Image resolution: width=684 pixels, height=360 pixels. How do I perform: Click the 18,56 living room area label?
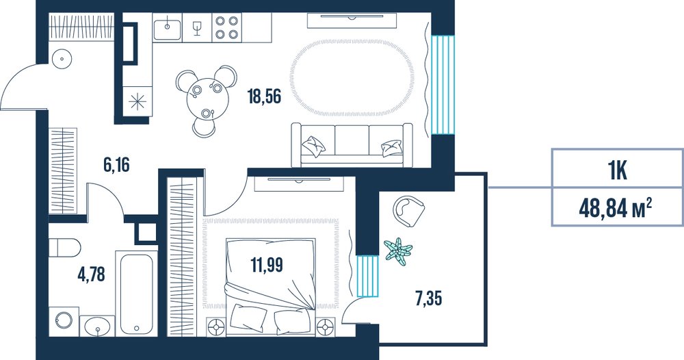(x=264, y=96)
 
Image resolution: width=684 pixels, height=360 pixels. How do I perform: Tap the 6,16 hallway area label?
(x=116, y=165)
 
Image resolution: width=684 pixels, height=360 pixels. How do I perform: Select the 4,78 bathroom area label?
(x=92, y=274)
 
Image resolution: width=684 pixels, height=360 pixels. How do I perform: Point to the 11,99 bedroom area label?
(x=267, y=264)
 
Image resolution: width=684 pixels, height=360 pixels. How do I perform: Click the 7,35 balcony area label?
(x=428, y=299)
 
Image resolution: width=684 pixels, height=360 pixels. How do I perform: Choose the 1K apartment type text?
(x=618, y=170)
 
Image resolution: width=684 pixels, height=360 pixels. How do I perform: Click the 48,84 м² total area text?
(x=615, y=208)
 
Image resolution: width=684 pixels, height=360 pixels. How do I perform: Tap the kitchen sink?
(x=167, y=27)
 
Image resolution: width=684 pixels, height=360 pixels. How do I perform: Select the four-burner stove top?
(x=227, y=27)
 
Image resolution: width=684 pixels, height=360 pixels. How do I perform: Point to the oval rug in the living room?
(x=352, y=78)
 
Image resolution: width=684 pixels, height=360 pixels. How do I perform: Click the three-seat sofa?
(x=352, y=145)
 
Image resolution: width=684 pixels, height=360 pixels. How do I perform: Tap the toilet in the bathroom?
(x=64, y=248)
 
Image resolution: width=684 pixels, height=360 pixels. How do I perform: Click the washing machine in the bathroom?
(x=64, y=322)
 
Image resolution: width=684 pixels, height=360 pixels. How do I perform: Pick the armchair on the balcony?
(x=408, y=211)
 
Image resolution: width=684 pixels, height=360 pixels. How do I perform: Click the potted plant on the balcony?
(x=398, y=251)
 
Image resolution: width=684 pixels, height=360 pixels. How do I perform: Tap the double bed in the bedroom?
(x=270, y=287)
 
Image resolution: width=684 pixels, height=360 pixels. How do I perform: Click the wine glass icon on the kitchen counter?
(x=197, y=27)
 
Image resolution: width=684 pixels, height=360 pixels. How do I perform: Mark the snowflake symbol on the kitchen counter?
(x=137, y=101)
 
